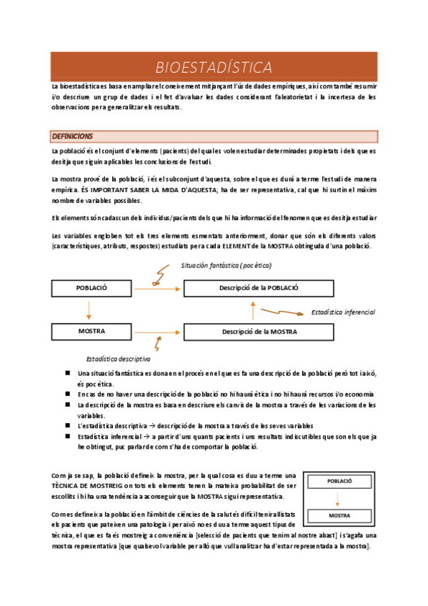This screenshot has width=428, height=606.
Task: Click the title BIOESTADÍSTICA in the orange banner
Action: [214, 67]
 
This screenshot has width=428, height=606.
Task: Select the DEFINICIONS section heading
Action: [72, 136]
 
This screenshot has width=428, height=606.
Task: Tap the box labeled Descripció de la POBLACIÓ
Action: [249, 287]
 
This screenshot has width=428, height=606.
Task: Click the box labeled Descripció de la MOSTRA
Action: [249, 332]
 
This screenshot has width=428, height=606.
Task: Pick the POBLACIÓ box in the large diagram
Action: [91, 287]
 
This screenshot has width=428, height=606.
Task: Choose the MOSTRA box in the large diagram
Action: [91, 332]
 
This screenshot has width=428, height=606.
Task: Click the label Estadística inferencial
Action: [343, 312]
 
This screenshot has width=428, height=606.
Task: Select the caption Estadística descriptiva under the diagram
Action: [118, 359]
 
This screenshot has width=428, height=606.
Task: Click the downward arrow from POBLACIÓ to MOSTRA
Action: [89, 309]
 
